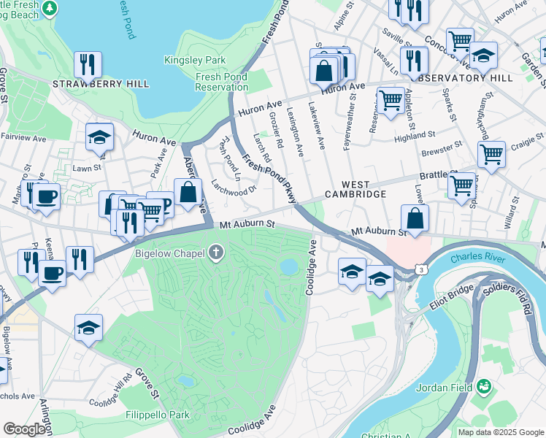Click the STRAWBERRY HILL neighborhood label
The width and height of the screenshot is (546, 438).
pyautogui.click(x=101, y=84)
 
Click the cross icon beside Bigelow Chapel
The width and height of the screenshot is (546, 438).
pyautogui.click(x=215, y=253)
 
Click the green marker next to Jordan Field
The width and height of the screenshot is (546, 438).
pyautogui.click(x=482, y=385)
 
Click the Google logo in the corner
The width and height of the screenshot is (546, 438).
pyautogui.click(x=24, y=429)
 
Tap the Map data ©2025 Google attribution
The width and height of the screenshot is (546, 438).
pyautogui.click(x=500, y=432)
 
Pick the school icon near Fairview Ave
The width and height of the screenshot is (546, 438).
pyautogui.click(x=99, y=136)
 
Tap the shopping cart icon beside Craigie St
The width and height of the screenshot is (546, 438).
pyautogui.click(x=491, y=154)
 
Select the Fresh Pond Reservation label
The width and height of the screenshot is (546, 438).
pyautogui.click(x=222, y=81)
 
